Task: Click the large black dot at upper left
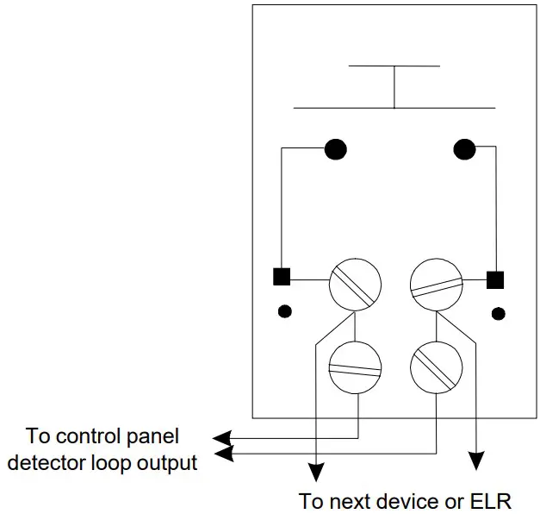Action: [x=335, y=149]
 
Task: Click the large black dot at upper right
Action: [x=464, y=149]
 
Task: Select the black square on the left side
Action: [x=282, y=277]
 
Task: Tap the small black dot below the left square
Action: [x=282, y=310]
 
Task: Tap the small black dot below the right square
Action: [x=495, y=311]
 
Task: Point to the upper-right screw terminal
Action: [x=437, y=283]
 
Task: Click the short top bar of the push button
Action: [x=394, y=66]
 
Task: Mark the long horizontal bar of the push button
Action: [x=394, y=108]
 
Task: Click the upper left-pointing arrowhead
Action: [x=223, y=436]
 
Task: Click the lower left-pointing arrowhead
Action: [x=223, y=452]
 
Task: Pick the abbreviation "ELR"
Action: [x=489, y=500]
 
